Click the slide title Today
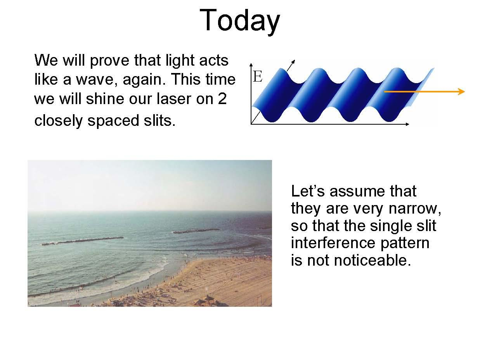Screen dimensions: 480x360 tap(239, 21)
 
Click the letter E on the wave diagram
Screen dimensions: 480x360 tap(258, 77)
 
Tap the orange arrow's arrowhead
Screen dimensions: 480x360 tap(461, 92)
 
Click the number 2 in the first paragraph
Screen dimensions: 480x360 tap(222, 99)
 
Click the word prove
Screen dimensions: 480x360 tap(110, 61)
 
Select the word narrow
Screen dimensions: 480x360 tap(414, 209)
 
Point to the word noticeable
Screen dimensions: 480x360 tap(359, 261)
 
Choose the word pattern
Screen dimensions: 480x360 tap(405, 243)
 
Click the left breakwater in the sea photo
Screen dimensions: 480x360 tap(83, 241)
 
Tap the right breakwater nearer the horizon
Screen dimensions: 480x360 tap(196, 231)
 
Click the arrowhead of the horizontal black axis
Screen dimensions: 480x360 tap(407, 124)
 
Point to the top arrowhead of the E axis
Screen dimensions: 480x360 tap(251, 65)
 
